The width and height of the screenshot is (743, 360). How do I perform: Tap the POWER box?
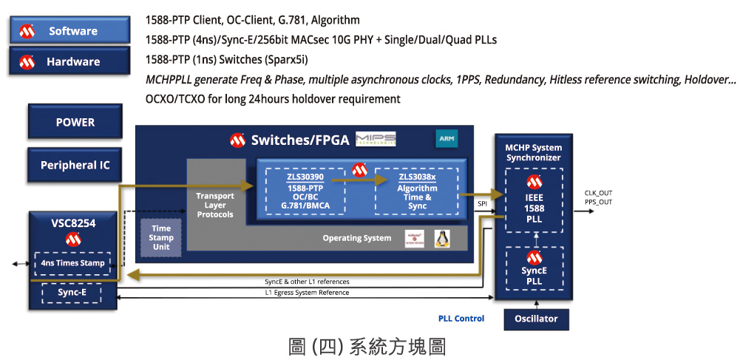(75, 123)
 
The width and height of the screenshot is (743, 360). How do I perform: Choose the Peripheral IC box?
(75, 166)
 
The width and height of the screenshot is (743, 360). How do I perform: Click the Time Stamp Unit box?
(160, 237)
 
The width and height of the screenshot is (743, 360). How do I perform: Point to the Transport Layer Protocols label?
(214, 205)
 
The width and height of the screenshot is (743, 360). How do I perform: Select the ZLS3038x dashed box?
(417, 192)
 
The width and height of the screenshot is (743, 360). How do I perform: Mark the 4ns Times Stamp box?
(72, 263)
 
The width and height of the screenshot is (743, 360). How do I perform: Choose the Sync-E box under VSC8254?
(72, 292)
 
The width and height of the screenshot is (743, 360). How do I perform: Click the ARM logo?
(447, 139)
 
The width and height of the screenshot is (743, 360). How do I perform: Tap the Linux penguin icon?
(442, 238)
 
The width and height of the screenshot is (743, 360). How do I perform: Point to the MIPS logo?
(376, 140)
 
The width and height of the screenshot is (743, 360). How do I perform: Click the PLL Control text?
(461, 319)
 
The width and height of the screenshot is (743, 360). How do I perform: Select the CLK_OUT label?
(598, 193)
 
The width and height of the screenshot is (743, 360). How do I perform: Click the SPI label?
(481, 203)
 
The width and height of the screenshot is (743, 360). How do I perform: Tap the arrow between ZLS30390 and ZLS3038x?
(360, 179)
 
